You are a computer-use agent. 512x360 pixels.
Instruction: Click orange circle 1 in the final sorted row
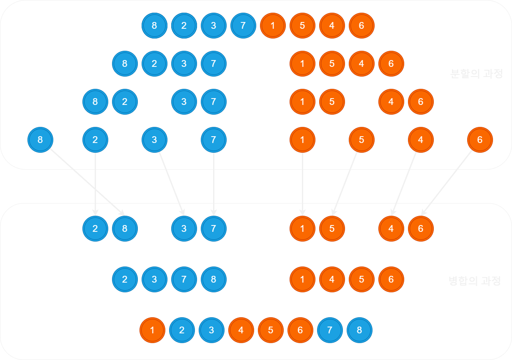click(x=152, y=330)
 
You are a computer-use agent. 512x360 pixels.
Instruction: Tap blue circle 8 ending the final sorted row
click(x=359, y=330)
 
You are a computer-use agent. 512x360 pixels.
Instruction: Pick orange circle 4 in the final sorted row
click(x=241, y=330)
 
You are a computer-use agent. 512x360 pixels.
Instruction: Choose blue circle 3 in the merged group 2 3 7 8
click(x=154, y=280)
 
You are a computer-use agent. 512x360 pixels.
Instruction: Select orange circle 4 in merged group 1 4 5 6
click(x=332, y=280)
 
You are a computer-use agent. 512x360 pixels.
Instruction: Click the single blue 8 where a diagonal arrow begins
click(x=40, y=140)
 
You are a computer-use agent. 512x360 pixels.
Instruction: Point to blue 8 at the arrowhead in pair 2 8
click(x=125, y=229)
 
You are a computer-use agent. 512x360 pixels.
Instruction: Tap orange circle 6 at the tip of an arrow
click(x=421, y=229)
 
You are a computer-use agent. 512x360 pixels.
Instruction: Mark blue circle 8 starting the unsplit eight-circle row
click(x=154, y=26)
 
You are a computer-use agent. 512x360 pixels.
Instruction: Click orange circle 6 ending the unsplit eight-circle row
click(x=361, y=26)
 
